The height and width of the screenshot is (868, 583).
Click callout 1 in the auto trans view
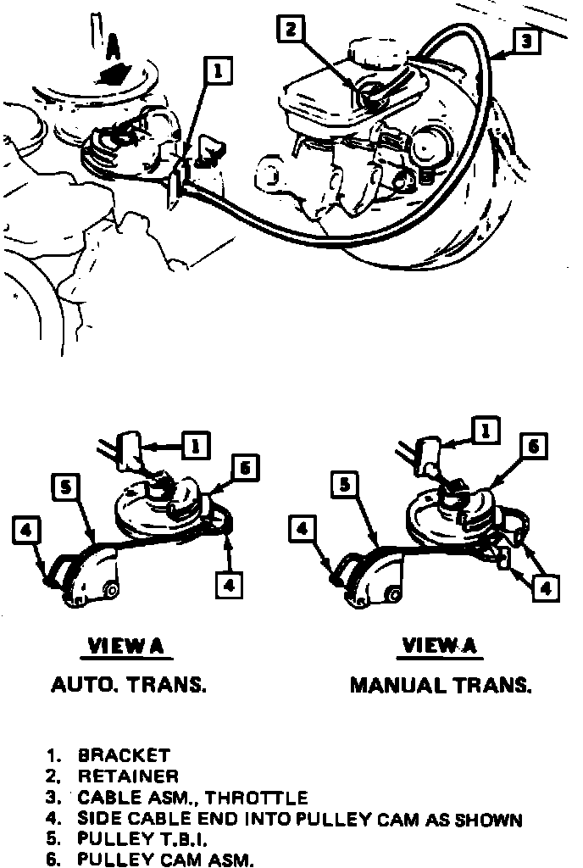click(x=196, y=444)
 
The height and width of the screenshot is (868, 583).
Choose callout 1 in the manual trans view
click(x=486, y=431)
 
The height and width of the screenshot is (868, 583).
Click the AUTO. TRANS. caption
click(x=129, y=686)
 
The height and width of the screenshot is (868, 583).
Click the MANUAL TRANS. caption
click(x=441, y=686)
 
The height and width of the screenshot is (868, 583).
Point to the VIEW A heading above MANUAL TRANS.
click(x=440, y=646)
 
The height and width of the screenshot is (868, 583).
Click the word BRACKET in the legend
click(x=124, y=754)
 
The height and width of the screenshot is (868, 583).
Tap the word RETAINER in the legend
click(x=128, y=776)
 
